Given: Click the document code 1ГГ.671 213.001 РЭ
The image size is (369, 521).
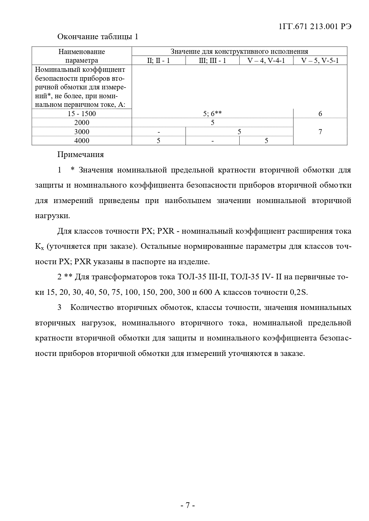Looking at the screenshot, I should (x=315, y=27).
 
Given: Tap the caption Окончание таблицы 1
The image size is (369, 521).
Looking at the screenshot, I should (x=98, y=37).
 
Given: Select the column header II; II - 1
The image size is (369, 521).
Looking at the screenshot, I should (x=158, y=61).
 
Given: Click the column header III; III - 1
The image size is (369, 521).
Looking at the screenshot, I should (x=212, y=61).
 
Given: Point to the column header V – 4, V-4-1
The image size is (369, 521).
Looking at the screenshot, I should (x=266, y=61).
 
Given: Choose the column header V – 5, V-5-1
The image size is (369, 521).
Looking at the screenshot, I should (x=320, y=61).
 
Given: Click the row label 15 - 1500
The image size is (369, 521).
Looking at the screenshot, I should (x=82, y=114).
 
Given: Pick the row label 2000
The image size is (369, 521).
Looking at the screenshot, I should (x=82, y=123).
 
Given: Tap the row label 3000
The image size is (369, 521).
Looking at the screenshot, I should (x=82, y=132).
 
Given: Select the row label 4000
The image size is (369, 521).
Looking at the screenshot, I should (x=82, y=141).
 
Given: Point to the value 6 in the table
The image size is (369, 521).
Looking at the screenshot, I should (x=320, y=114).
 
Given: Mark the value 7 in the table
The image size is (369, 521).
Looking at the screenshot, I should (x=320, y=132).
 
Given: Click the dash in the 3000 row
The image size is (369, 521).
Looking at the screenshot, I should (x=159, y=132).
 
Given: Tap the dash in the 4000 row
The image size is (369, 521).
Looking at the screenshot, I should (x=213, y=141).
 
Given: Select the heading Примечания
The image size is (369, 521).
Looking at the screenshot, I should (x=81, y=155).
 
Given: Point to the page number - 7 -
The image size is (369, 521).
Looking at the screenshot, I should (x=188, y=505).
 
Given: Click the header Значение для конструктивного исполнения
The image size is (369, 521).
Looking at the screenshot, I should (x=239, y=52).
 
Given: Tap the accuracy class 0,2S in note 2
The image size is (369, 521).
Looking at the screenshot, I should (x=298, y=292).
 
